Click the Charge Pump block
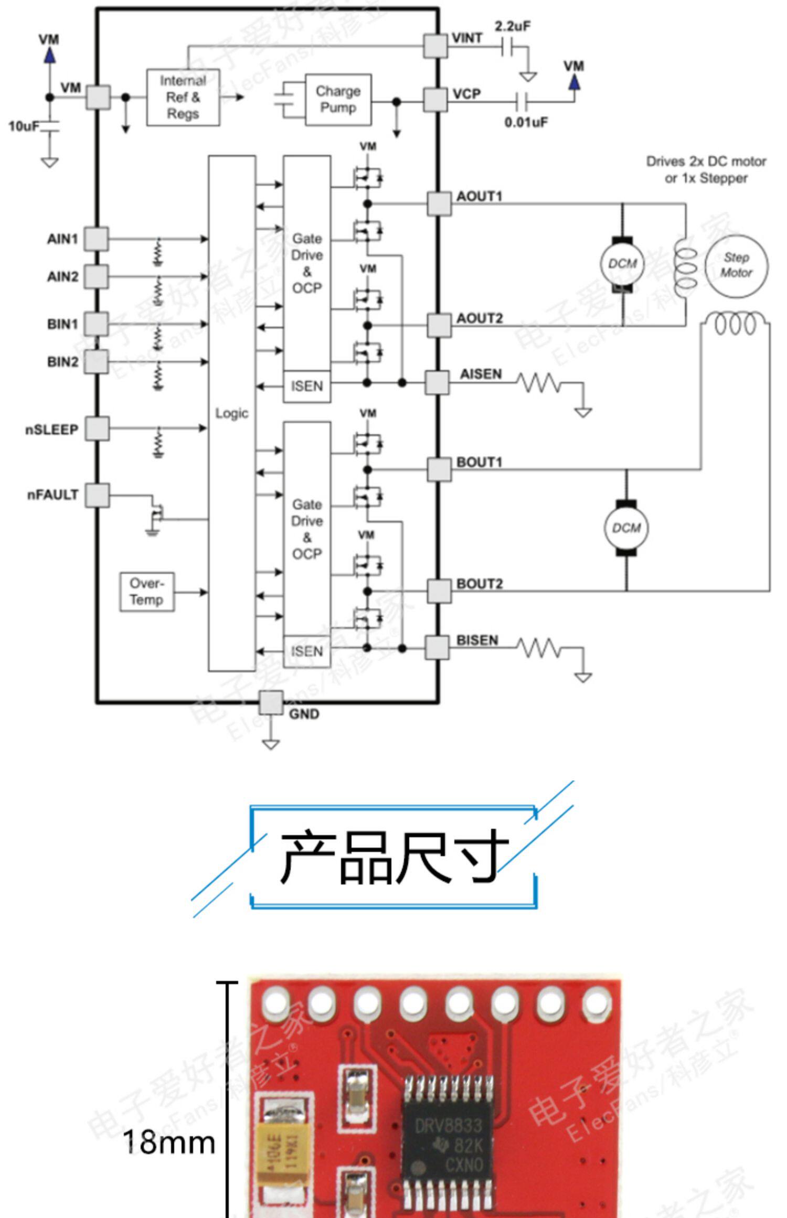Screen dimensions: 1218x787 point(338,99)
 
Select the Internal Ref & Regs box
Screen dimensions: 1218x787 point(183,97)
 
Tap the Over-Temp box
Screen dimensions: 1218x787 point(147,592)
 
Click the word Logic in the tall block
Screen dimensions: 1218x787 point(231,413)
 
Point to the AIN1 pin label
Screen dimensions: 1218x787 point(62,239)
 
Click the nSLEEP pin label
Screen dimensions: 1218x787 point(51,430)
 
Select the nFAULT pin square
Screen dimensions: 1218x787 point(98,495)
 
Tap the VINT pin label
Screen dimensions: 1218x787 point(467,38)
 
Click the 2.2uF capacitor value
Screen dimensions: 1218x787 point(512,26)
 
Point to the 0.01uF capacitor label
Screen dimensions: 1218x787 point(526,122)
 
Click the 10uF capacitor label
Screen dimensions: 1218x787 point(24,126)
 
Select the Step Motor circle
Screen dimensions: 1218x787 point(736,265)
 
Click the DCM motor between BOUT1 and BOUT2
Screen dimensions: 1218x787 point(626,528)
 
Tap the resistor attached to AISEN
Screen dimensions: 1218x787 point(539,383)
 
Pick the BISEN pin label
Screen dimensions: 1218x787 point(477,640)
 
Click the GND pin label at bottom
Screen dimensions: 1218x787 point(304,714)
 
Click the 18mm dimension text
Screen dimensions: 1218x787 point(169,1142)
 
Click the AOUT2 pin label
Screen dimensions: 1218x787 point(480,318)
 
